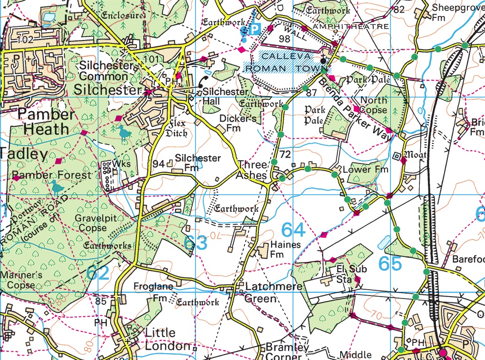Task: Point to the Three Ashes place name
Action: pos(252,170)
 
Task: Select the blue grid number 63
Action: pos(196,242)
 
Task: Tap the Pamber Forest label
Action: pos(53,175)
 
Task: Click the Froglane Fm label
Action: pos(155,292)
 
